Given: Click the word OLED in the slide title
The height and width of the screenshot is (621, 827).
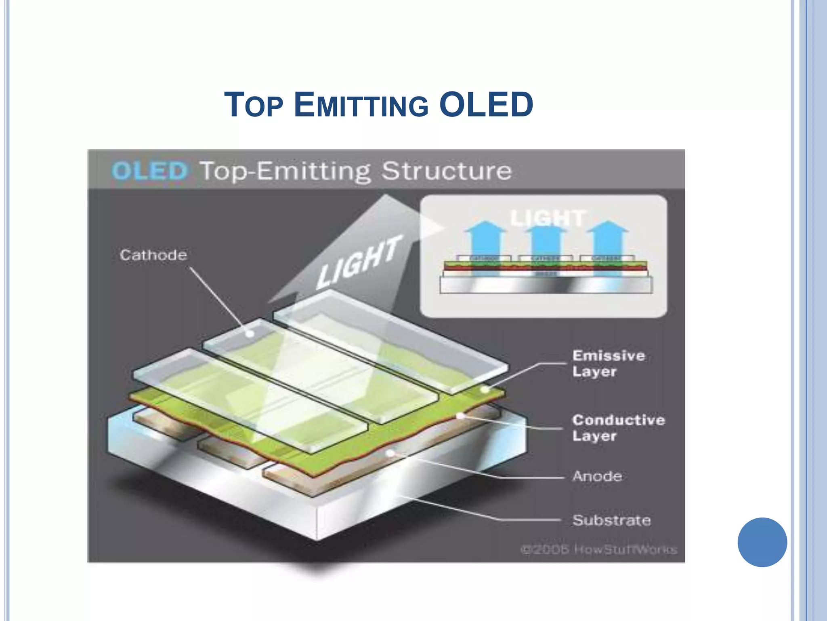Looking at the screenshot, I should (486, 105).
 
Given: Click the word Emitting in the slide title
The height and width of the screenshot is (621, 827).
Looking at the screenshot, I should (361, 105).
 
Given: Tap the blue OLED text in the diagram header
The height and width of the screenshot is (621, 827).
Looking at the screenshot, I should (150, 171).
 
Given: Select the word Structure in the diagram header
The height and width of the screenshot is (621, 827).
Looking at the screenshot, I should (447, 171).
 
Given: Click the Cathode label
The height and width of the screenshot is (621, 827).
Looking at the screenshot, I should (153, 255).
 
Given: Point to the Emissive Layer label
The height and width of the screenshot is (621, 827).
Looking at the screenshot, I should (608, 363).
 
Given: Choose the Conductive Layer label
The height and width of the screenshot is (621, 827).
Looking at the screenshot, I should (618, 428).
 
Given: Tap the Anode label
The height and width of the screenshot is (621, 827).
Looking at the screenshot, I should (597, 476).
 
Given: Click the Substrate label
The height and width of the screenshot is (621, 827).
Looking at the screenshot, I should (611, 520).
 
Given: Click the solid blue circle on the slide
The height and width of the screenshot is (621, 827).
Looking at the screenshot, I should (762, 542).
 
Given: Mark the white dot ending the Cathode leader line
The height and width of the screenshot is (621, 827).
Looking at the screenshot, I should (250, 334).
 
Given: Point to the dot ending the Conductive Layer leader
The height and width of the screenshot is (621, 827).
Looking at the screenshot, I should (460, 416).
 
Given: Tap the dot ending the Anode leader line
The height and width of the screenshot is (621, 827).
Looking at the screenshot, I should (390, 453).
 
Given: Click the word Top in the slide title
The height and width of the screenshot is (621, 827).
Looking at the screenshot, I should (254, 105).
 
